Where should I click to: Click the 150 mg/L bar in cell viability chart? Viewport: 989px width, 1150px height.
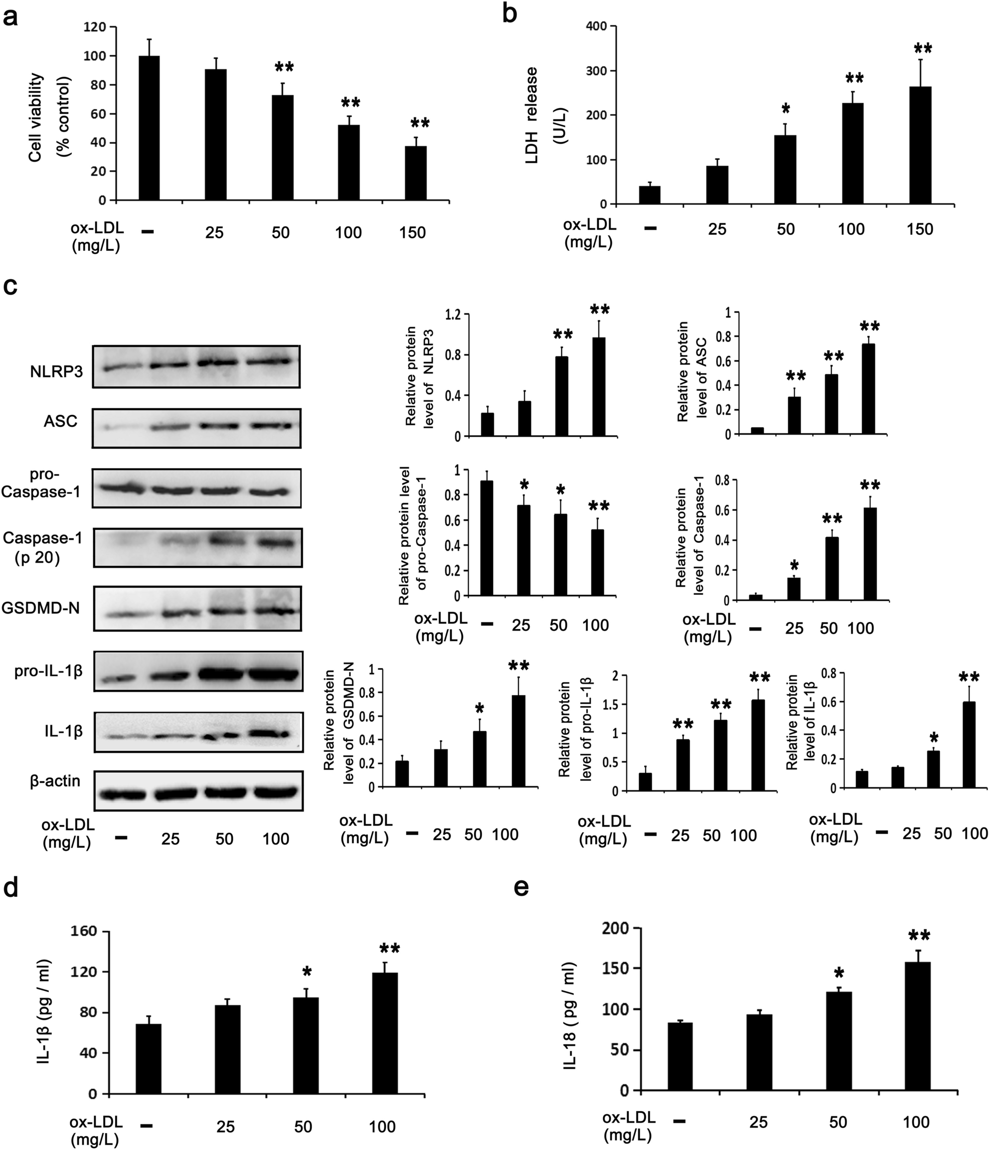tap(416, 172)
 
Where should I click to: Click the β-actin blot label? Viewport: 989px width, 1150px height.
tap(55, 781)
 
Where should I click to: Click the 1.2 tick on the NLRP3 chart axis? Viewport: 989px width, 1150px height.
tap(454, 315)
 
